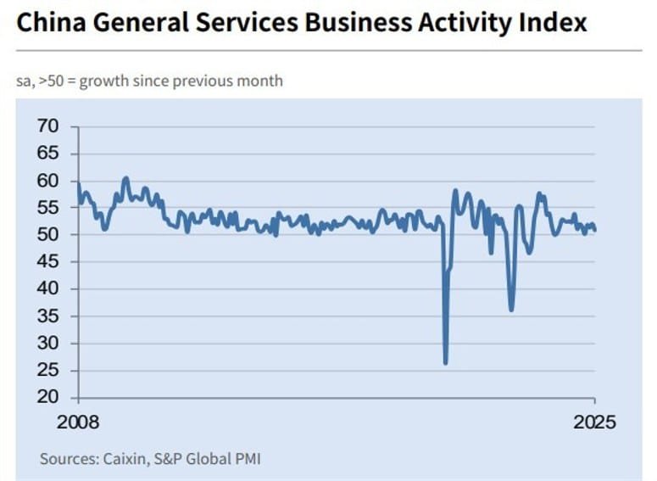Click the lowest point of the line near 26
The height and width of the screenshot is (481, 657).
446,363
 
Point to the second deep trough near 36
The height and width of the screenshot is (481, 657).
511,310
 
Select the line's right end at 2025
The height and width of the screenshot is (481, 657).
594,230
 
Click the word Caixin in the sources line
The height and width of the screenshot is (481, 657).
124,459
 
